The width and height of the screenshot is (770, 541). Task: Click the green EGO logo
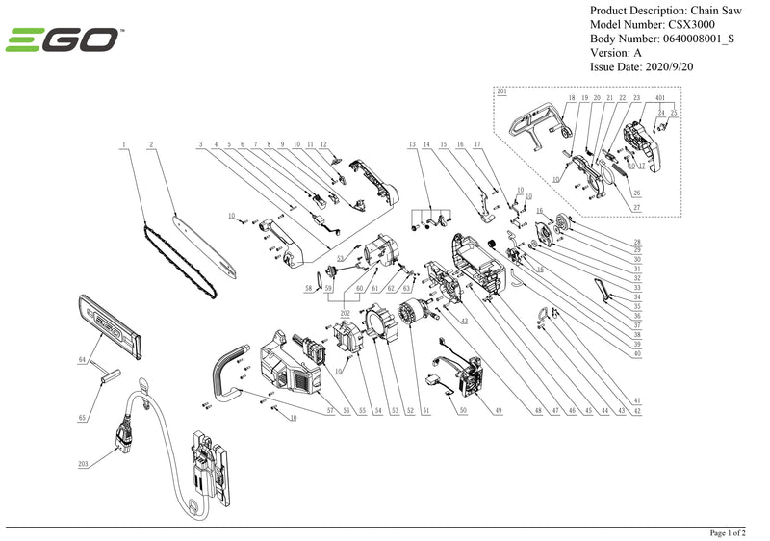pyautogui.click(x=64, y=40)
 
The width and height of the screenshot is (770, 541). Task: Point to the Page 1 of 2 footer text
pyautogui.click(x=735, y=532)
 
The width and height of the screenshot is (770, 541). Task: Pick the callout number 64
pyautogui.click(x=83, y=359)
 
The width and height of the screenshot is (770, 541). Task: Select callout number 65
pyautogui.click(x=83, y=419)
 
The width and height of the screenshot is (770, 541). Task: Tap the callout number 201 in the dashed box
pyautogui.click(x=501, y=90)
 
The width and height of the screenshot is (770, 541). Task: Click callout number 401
pyautogui.click(x=660, y=98)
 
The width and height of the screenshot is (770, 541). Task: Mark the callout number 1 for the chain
pyautogui.click(x=124, y=143)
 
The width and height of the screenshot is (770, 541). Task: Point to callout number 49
pyautogui.click(x=499, y=411)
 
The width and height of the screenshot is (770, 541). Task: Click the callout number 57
pyautogui.click(x=329, y=411)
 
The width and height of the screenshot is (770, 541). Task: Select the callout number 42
pyautogui.click(x=637, y=411)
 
